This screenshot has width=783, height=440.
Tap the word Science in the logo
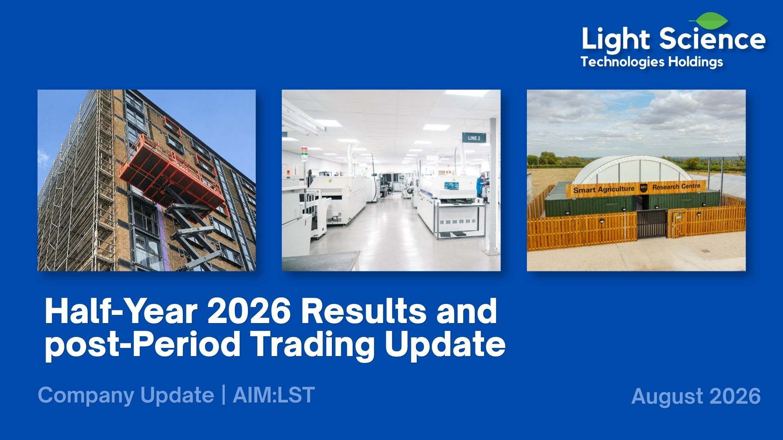pyautogui.click(x=712, y=39)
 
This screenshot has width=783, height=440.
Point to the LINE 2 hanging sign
pyautogui.click(x=474, y=138)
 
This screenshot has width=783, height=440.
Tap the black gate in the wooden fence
pyautogui.click(x=652, y=224)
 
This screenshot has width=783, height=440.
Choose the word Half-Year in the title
pyautogui.click(x=121, y=312)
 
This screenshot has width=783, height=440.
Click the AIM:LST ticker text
pyautogui.click(x=274, y=395)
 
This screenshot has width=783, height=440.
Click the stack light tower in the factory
pyautogui.click(x=304, y=155)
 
